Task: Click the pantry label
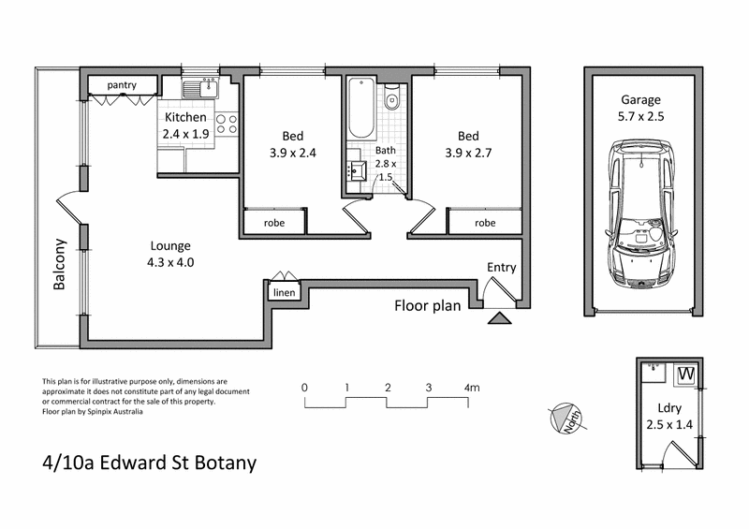[122, 85]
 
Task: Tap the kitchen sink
[199, 91]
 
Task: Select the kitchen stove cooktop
[226, 124]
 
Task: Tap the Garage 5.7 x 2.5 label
[641, 109]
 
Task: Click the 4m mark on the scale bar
[470, 387]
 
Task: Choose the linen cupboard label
[283, 293]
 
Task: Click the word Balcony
[60, 265]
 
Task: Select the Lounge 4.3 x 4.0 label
[170, 255]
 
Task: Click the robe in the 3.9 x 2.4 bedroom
[275, 223]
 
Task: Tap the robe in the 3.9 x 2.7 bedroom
[484, 223]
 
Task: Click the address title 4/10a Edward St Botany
[149, 463]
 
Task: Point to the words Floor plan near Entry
[427, 305]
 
